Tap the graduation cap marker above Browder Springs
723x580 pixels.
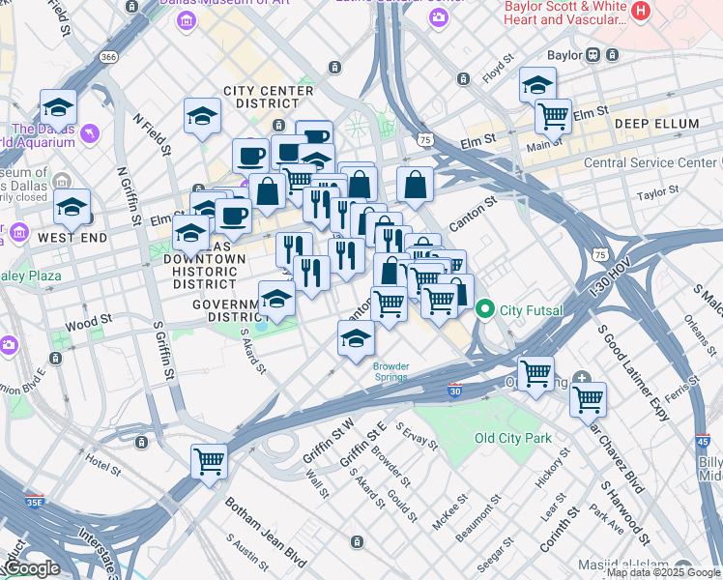[356, 339]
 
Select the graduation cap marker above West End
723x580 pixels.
[72, 207]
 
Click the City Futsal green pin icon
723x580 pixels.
[484, 310]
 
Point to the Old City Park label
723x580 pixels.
[512, 438]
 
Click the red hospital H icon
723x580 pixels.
[639, 12]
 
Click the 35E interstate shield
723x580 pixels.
[34, 502]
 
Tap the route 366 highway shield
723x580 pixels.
[108, 58]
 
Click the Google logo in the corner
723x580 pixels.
[32, 568]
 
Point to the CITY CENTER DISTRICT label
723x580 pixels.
[268, 98]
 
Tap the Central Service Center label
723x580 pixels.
[651, 162]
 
